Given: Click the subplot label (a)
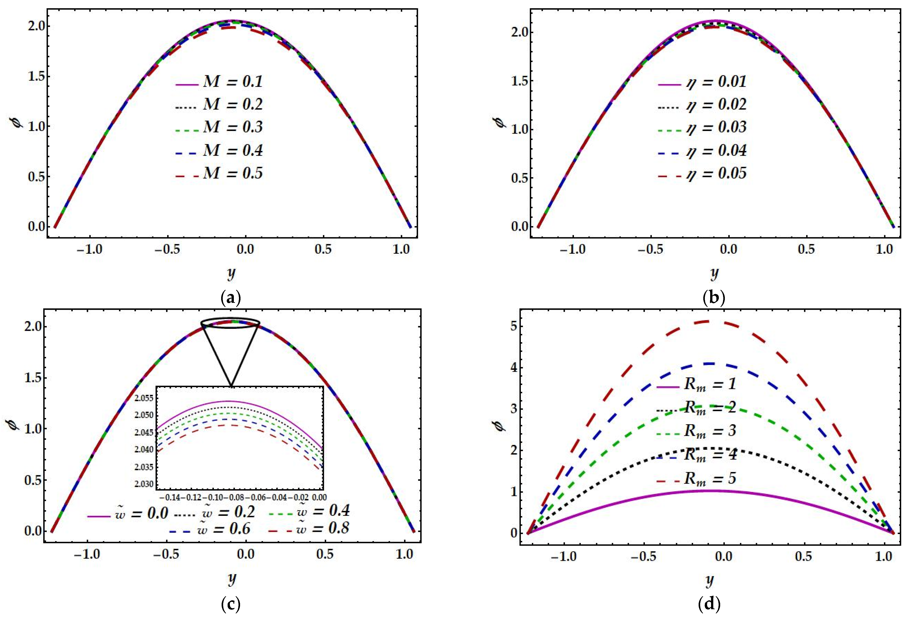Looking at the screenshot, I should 231,299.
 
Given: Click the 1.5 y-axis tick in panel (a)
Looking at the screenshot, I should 36,76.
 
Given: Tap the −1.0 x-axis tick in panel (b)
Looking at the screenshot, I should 573,249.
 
